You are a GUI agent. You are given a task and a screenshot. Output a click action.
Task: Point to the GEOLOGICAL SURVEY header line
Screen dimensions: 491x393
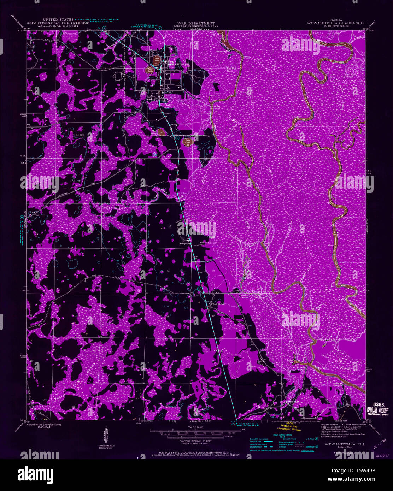(58, 26)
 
